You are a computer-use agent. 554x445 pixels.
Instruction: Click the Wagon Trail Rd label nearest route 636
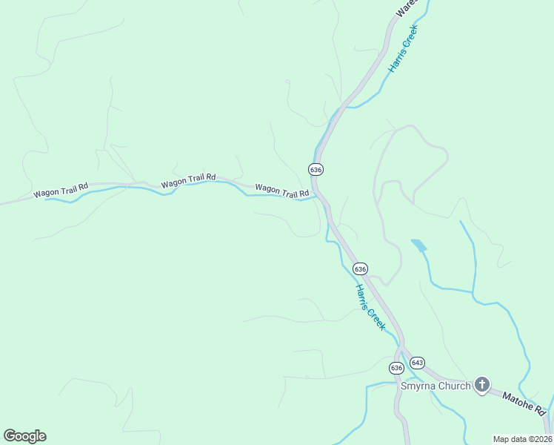(x=281, y=191)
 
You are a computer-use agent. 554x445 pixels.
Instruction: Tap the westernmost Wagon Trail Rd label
(x=61, y=191)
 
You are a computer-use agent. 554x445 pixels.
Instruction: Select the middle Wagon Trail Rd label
(x=188, y=179)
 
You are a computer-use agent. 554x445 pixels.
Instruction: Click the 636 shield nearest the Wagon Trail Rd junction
(x=316, y=169)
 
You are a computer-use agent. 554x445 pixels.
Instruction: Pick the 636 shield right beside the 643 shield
(x=396, y=367)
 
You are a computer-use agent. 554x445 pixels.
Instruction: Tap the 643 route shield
(x=417, y=362)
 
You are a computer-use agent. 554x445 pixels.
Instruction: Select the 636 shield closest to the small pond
(x=360, y=268)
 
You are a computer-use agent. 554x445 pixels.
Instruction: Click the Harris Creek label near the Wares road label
(x=404, y=47)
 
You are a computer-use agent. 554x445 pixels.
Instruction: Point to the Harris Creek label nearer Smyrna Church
(x=370, y=306)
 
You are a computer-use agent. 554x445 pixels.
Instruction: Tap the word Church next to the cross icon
(x=454, y=386)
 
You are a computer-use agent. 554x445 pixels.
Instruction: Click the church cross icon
(x=482, y=384)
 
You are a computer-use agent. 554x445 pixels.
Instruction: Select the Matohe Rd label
(x=524, y=404)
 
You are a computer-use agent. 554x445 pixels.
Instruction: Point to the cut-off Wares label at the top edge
(x=407, y=7)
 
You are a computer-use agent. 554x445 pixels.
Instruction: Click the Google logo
(x=24, y=436)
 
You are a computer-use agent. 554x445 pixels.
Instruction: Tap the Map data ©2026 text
(x=522, y=439)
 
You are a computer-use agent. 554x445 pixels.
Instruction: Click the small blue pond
(x=419, y=245)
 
